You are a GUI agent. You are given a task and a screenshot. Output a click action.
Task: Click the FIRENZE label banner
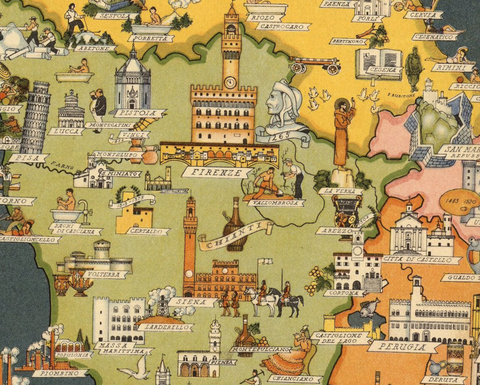pos(217,173)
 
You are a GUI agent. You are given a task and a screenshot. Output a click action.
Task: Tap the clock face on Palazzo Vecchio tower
pos(230,82)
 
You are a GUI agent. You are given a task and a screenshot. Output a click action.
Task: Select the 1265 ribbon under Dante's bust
pos(281,136)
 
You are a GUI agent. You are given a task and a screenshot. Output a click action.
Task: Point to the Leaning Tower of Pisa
pos(36,118)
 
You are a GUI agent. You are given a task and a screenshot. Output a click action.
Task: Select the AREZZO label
pos(334,231)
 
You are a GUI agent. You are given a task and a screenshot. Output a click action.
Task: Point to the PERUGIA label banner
pos(402,347)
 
